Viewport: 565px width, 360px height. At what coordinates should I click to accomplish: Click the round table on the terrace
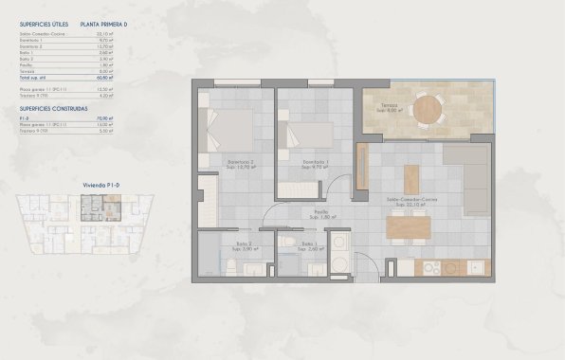point(428,106)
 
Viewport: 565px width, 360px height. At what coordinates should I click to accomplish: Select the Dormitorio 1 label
point(302,162)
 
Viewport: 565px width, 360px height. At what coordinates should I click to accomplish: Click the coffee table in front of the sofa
point(410,178)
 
